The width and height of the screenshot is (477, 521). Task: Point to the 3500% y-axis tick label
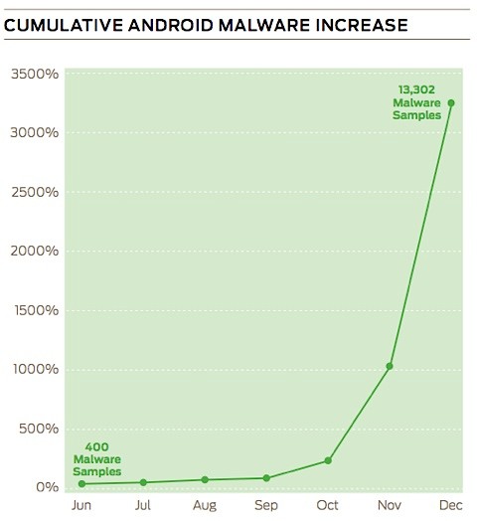[x=33, y=74]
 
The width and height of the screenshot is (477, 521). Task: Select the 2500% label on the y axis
[x=33, y=192]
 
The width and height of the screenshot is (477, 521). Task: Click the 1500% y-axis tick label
[x=33, y=310]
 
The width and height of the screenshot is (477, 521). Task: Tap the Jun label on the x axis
[x=80, y=505]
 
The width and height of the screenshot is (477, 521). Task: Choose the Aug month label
[x=205, y=505]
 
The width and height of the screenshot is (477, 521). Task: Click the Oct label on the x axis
[x=327, y=505]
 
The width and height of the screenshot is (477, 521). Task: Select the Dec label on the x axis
[x=451, y=505]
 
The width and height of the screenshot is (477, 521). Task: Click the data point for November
[x=390, y=366]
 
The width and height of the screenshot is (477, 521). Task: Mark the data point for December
[x=451, y=102]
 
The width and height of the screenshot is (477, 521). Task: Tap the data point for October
[x=328, y=460]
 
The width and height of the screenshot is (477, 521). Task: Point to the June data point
[x=81, y=484]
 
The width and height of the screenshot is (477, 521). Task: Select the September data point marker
[x=266, y=478]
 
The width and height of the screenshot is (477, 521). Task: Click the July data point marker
[x=143, y=482]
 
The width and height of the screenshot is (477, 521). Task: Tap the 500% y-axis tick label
[x=37, y=429]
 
